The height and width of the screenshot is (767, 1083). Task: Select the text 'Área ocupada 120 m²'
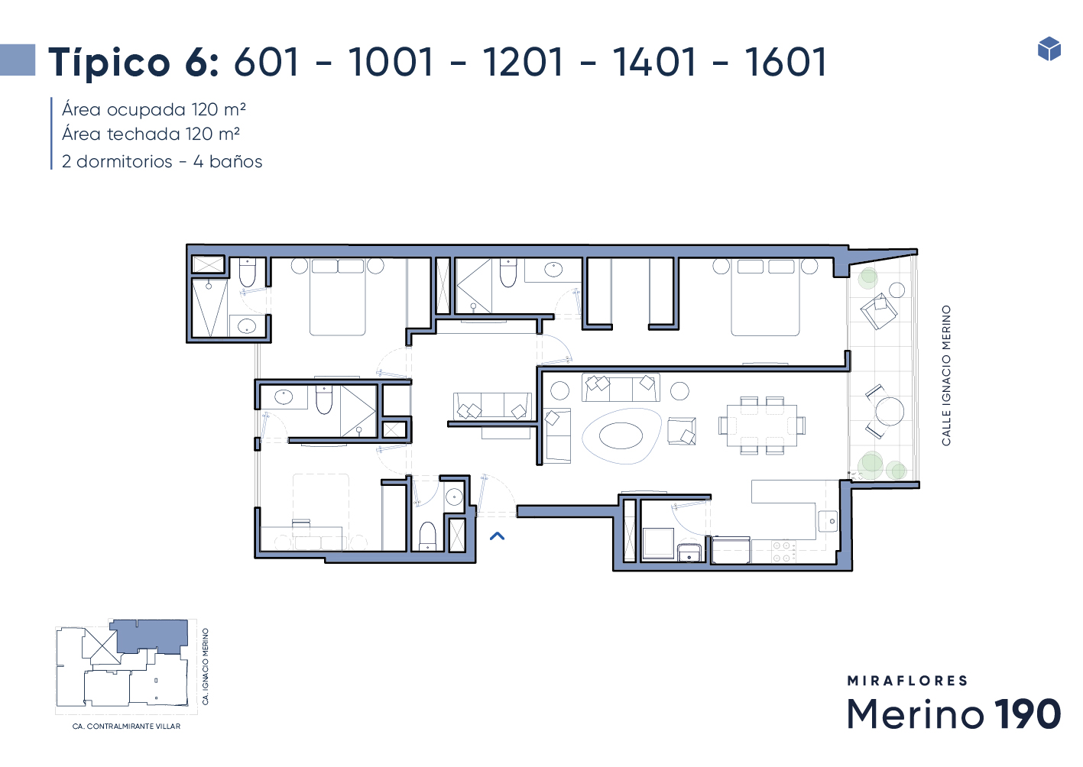tap(154, 109)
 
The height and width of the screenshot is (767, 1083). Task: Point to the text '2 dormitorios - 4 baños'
tap(162, 161)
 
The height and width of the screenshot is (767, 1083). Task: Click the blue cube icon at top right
tap(1049, 48)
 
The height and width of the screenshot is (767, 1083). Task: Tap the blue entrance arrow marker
tap(497, 536)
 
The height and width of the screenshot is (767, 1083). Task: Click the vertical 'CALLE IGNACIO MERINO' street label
tap(946, 376)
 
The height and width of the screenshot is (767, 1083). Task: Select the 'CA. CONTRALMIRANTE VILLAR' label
tap(126, 727)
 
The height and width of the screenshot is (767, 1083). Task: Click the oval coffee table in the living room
tap(621, 435)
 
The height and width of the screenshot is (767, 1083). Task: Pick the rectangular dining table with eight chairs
tap(762, 426)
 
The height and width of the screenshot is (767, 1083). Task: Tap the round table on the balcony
tap(890, 411)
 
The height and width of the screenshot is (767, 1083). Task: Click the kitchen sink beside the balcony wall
tap(828, 521)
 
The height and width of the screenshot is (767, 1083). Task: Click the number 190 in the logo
tap(1027, 714)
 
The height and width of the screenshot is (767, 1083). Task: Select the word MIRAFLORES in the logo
tap(907, 681)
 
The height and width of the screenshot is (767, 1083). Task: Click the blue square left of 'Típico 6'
tap(18, 60)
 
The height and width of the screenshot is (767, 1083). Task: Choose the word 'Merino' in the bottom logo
tap(916, 714)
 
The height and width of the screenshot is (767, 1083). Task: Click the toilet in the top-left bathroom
tap(247, 273)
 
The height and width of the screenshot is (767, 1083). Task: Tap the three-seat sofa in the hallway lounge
tap(492, 406)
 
